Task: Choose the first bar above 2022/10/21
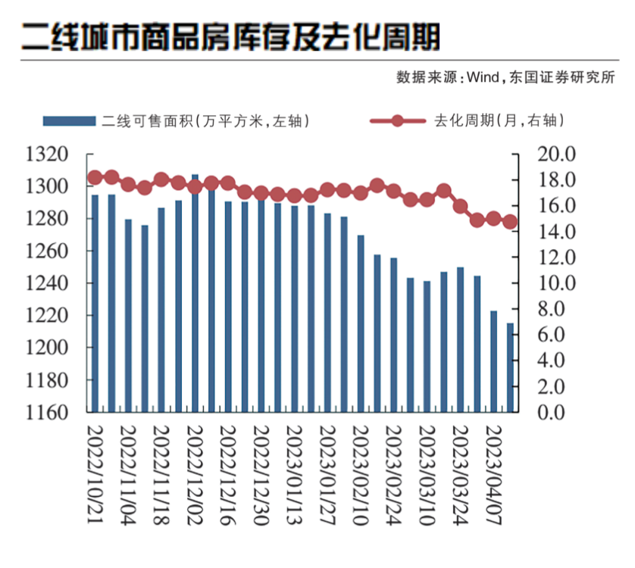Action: (x=95, y=303)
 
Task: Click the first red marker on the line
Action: (x=95, y=178)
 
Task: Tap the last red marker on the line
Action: (x=510, y=222)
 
